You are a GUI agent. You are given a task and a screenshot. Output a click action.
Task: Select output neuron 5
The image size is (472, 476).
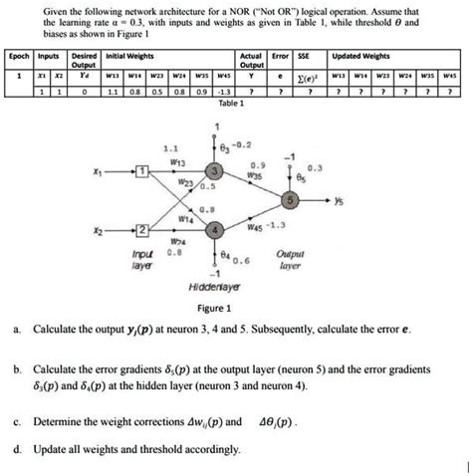coord(289,201)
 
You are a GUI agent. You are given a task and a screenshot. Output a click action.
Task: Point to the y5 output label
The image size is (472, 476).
coord(341,201)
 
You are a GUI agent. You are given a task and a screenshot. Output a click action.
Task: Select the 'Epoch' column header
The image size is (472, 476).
coord(17,58)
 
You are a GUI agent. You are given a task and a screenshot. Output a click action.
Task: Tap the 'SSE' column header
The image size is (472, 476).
coord(311,58)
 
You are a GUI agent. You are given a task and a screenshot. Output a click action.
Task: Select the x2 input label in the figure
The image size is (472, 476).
coord(97,231)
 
